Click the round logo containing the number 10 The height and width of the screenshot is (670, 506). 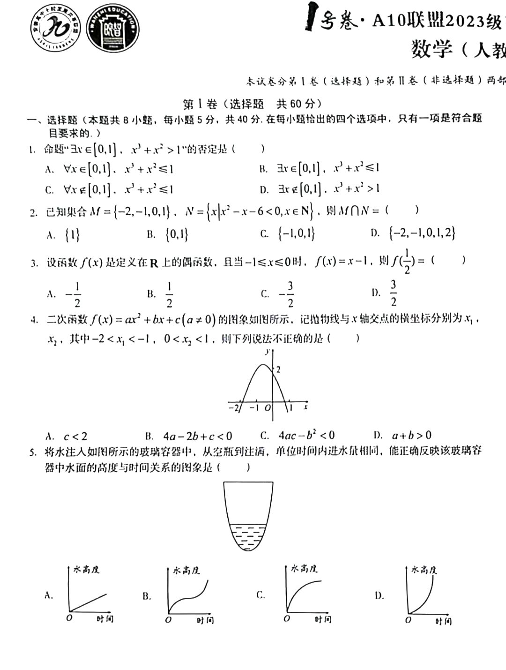point(55,28)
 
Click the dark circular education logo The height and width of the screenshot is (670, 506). point(113,28)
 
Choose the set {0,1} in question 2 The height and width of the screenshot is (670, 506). point(177,234)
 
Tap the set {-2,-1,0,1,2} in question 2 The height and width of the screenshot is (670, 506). point(422,233)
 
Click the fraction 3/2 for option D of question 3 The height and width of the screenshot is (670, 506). point(393,293)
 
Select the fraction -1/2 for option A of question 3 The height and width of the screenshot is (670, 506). point(73,294)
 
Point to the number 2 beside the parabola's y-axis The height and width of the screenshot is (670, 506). point(278,370)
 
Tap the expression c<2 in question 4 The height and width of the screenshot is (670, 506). point(75,437)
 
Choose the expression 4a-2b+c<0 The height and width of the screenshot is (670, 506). point(197,437)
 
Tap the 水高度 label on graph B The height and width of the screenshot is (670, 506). point(186,570)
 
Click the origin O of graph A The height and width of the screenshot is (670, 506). point(69,618)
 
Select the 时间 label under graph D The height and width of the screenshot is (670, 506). point(443,621)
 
